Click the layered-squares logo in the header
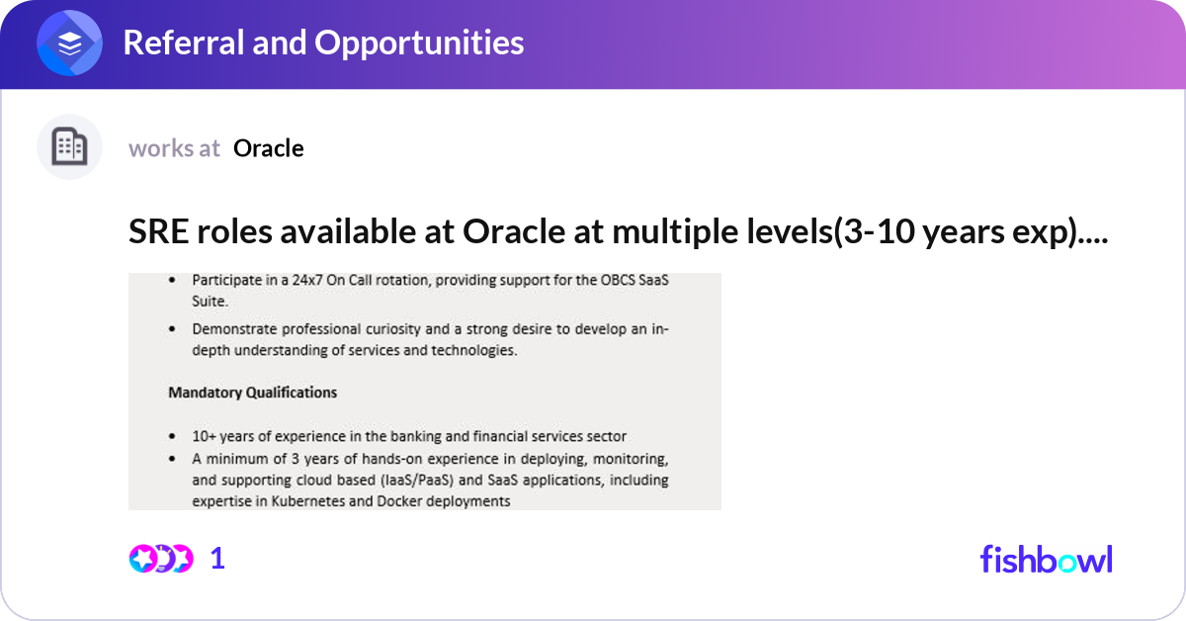70,44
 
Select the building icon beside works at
69,147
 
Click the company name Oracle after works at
269,148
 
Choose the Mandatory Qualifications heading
252,393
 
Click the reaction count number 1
217,559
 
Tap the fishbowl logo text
1046,559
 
